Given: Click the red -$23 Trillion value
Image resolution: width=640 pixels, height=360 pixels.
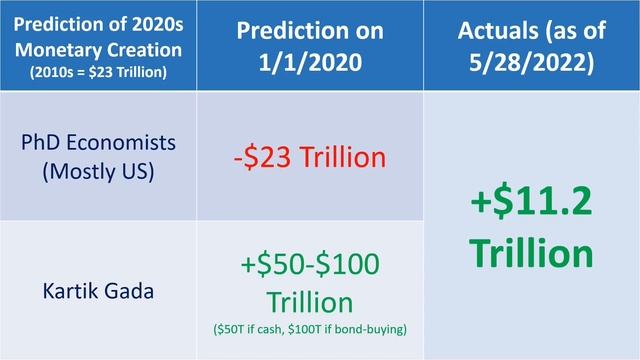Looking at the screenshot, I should (309, 157).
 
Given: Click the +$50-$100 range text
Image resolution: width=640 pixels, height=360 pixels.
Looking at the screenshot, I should (309, 267).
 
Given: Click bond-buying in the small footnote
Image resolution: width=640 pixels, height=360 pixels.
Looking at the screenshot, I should (372, 327).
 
